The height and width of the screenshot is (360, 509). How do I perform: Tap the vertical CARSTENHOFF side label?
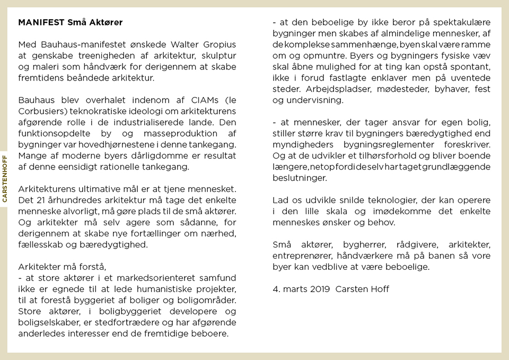point(5,179)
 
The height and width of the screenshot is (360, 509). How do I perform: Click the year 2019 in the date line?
point(318,289)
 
